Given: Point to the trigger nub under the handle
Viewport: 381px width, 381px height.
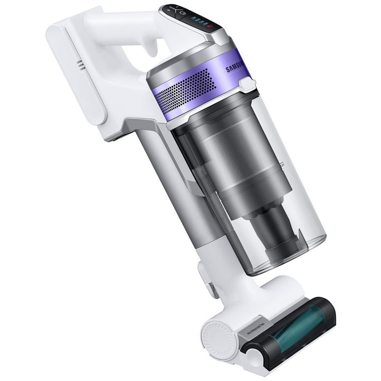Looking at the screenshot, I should coord(153,48).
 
